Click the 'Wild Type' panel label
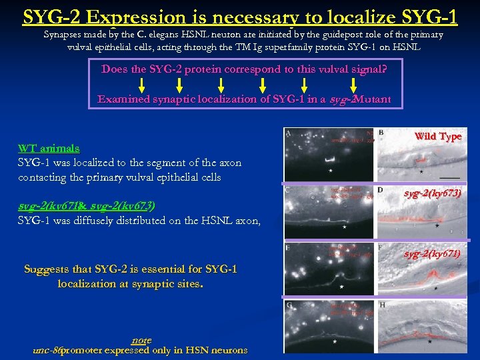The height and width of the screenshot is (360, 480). [x=437, y=136]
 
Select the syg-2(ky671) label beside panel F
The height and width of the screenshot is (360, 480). [x=431, y=253]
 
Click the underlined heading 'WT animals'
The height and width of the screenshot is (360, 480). [x=49, y=148]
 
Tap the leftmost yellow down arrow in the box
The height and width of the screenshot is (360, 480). [x=142, y=85]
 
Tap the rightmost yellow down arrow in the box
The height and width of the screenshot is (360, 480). [x=352, y=85]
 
